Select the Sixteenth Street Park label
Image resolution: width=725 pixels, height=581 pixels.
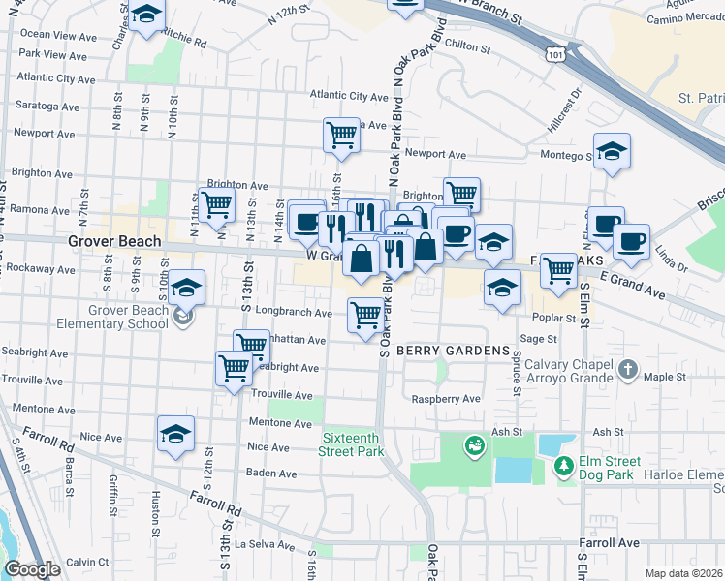click(x=352, y=444)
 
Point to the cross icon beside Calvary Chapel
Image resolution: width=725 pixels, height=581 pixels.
click(x=628, y=369)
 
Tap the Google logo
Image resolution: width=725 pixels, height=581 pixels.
click(x=32, y=569)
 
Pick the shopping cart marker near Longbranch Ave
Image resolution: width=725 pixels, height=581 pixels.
click(x=364, y=314)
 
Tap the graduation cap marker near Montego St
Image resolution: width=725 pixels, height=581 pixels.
click(x=612, y=150)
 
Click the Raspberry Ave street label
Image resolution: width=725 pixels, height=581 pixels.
click(x=446, y=399)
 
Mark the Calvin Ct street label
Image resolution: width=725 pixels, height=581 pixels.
click(x=87, y=562)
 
